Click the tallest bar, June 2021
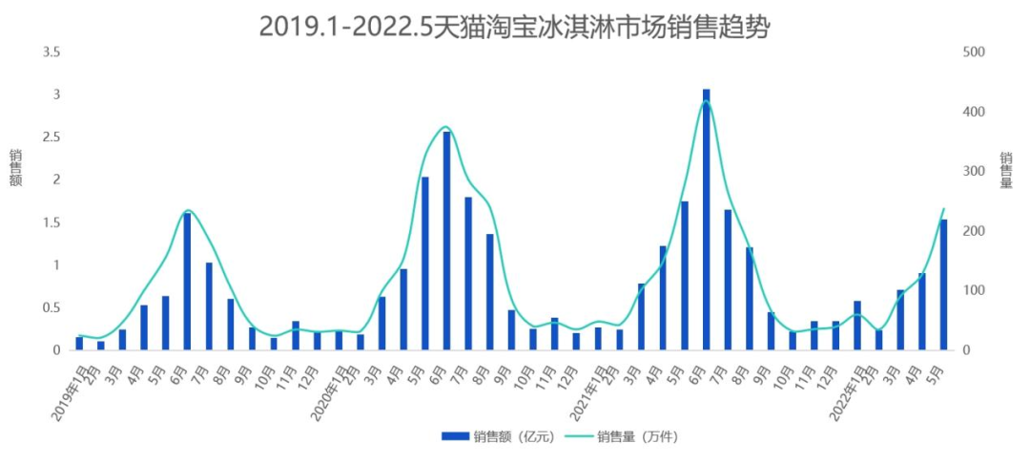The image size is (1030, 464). [x=707, y=220]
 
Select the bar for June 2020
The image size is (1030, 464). [x=446, y=241]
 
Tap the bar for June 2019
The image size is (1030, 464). [x=187, y=282]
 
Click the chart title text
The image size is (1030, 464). [x=514, y=26]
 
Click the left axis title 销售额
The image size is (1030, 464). [x=16, y=168]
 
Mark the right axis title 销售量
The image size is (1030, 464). [x=1006, y=170]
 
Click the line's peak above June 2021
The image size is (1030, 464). [x=706, y=101]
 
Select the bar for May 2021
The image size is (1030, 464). [x=685, y=276]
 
